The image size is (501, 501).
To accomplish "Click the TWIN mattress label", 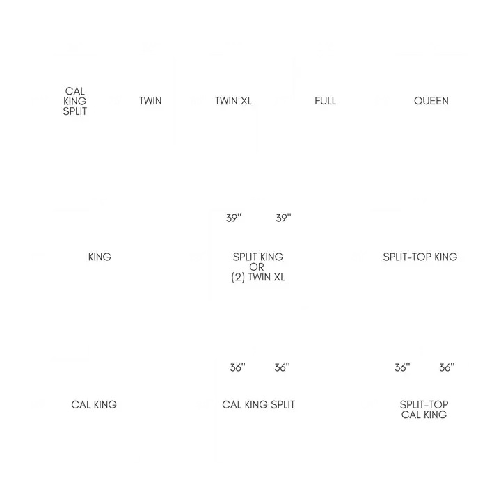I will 150,101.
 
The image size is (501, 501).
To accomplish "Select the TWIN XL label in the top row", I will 233,101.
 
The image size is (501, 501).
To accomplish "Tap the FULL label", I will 325,101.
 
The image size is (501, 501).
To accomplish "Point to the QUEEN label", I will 431,101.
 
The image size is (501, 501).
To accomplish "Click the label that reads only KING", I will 100,257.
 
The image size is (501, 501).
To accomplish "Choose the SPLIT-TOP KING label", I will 420,257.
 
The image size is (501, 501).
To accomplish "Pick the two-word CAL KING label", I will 94,404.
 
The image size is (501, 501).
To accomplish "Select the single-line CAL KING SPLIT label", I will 258,404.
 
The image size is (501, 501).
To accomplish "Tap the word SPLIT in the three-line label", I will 75,111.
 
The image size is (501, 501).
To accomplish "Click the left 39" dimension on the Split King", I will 234,218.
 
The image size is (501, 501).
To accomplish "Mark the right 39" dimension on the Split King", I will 283,218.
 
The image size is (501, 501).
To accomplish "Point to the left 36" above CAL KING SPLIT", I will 238,368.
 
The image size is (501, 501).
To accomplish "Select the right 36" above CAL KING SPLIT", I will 281,368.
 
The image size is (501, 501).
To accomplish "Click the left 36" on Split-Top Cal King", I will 402,368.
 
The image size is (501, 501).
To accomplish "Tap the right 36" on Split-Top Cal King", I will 446,368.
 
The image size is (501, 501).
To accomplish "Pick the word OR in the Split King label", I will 257,267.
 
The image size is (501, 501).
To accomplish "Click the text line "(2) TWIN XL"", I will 257,277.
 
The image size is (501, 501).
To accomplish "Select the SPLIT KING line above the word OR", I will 257,257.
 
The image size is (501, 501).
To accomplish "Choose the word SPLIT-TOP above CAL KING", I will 424,404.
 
